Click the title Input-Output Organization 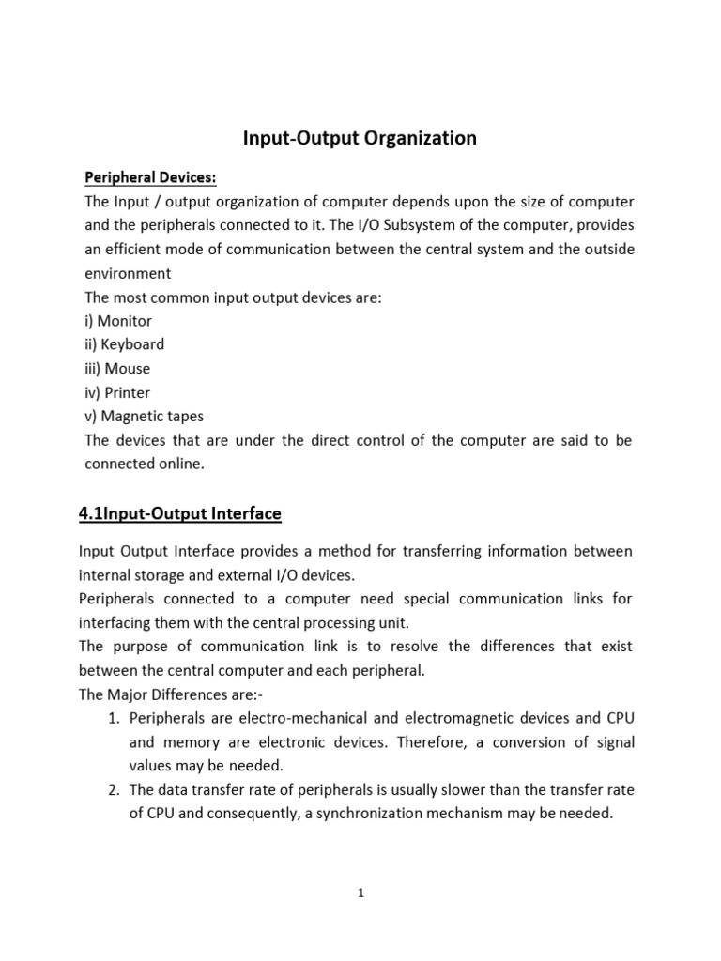click(360, 139)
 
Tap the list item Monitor click(117, 321)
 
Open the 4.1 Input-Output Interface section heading click(178, 513)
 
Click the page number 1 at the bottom click(360, 893)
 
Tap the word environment click(128, 273)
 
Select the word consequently click(248, 814)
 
